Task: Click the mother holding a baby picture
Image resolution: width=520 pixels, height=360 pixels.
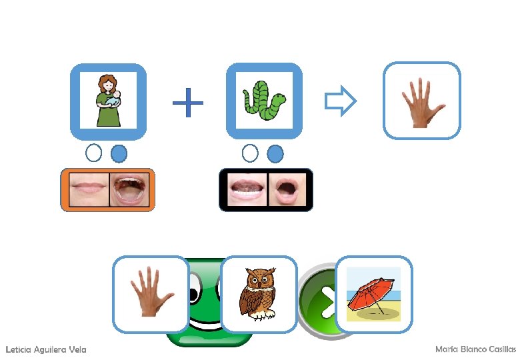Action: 108,101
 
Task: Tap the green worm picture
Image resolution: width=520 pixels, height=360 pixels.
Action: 265,101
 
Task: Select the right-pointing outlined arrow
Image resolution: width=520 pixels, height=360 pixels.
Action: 341,101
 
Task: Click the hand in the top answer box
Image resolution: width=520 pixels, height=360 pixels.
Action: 421,101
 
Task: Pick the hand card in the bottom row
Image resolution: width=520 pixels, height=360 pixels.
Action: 151,294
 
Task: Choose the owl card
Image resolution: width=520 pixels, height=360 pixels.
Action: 258,294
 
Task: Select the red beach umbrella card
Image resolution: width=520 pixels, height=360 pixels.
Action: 374,294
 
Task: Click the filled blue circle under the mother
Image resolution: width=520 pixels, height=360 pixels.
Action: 119,154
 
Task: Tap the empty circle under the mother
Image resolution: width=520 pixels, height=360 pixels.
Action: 94,153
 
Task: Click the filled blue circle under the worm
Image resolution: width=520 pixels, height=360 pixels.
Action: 275,154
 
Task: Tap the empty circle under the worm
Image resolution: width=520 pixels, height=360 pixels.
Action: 250,153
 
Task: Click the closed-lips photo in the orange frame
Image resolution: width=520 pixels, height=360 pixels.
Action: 87,190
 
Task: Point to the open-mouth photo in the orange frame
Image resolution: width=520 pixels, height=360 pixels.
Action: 129,190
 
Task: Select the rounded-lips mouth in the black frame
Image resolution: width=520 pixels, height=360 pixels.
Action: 287,190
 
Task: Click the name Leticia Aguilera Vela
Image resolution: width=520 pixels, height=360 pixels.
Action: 45,349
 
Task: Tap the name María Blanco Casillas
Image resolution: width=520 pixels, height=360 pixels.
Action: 475,349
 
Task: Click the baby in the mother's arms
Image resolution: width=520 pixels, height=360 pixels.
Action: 116,98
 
